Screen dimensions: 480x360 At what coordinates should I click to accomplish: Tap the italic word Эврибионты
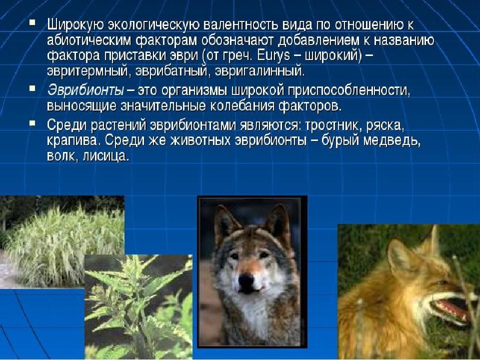pos(85,90)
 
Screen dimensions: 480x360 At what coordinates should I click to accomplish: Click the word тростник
pos(332,125)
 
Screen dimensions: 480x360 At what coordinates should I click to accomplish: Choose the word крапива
pos(74,141)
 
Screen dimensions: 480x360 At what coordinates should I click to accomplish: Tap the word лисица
pos(104,156)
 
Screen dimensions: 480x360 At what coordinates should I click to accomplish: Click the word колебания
pos(243,106)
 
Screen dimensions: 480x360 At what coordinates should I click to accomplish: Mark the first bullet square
pos(32,22)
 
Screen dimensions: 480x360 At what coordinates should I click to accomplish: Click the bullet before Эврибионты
pos(32,88)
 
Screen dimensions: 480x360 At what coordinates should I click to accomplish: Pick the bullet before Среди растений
pos(32,123)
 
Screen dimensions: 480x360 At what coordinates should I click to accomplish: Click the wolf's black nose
pos(246,280)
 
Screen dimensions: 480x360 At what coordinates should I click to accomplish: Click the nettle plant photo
pos(138,306)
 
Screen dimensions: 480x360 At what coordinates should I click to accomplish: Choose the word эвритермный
pos(86,71)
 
